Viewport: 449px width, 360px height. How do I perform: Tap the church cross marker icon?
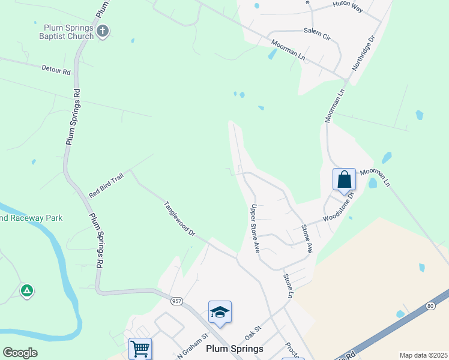click(103, 31)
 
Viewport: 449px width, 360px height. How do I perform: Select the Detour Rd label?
click(56, 71)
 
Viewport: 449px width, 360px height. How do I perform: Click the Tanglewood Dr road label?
click(179, 218)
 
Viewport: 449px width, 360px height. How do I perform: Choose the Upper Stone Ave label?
click(255, 229)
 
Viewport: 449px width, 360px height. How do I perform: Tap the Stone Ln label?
click(288, 286)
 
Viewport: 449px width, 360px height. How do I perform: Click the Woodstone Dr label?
click(339, 206)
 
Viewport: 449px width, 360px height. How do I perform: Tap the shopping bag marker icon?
click(344, 179)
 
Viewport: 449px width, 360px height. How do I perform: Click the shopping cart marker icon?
click(140, 348)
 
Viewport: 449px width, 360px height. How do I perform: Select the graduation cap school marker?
click(220, 312)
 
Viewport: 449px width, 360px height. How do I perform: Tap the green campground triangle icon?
click(26, 291)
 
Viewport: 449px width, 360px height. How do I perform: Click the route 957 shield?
click(176, 300)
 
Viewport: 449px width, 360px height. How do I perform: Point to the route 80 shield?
click(430, 306)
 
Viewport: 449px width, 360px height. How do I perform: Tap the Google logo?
click(20, 353)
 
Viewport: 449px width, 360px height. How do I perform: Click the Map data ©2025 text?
click(423, 355)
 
